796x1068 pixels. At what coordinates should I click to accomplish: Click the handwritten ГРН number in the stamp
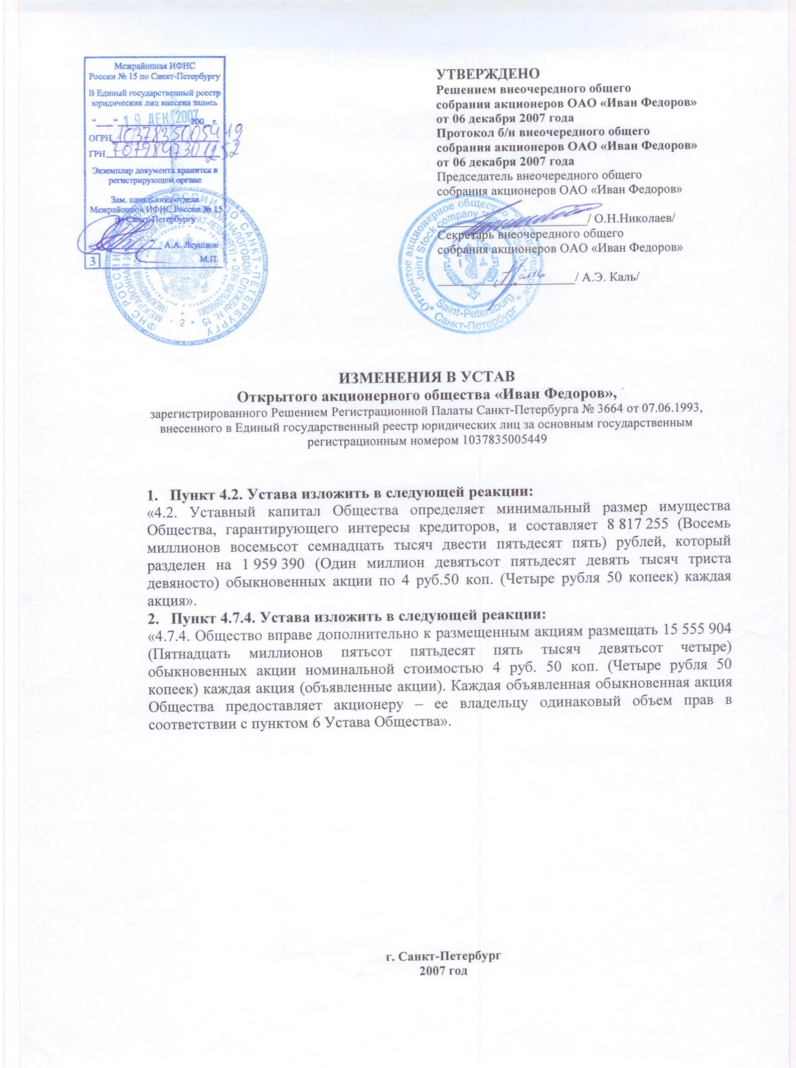173,153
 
